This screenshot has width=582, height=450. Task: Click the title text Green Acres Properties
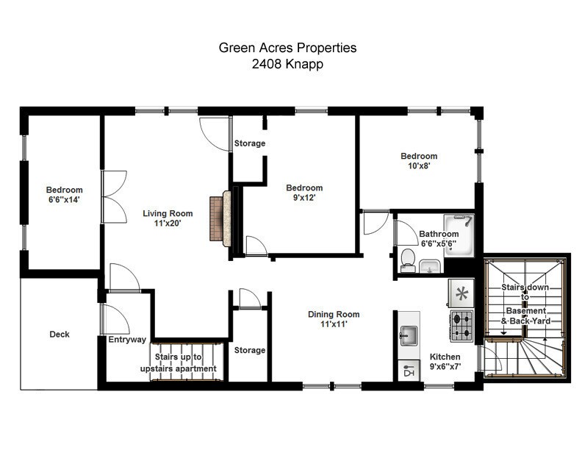coord(287,48)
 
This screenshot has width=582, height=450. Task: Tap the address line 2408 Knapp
coord(287,64)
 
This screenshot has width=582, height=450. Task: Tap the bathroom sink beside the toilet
coord(431,266)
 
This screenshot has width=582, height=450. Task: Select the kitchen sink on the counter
coord(408,337)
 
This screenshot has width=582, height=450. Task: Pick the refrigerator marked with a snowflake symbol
coord(461,293)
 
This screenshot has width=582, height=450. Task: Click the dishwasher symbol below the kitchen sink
coord(408,372)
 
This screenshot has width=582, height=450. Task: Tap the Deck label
coord(60,335)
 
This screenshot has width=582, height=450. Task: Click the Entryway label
coord(127,340)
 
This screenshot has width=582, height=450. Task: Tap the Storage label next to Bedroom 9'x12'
coord(249,143)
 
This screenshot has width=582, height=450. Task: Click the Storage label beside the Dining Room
coord(249,350)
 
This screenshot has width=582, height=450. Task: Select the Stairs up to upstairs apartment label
coord(178,362)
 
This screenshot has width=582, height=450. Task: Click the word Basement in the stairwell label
coord(525,312)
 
